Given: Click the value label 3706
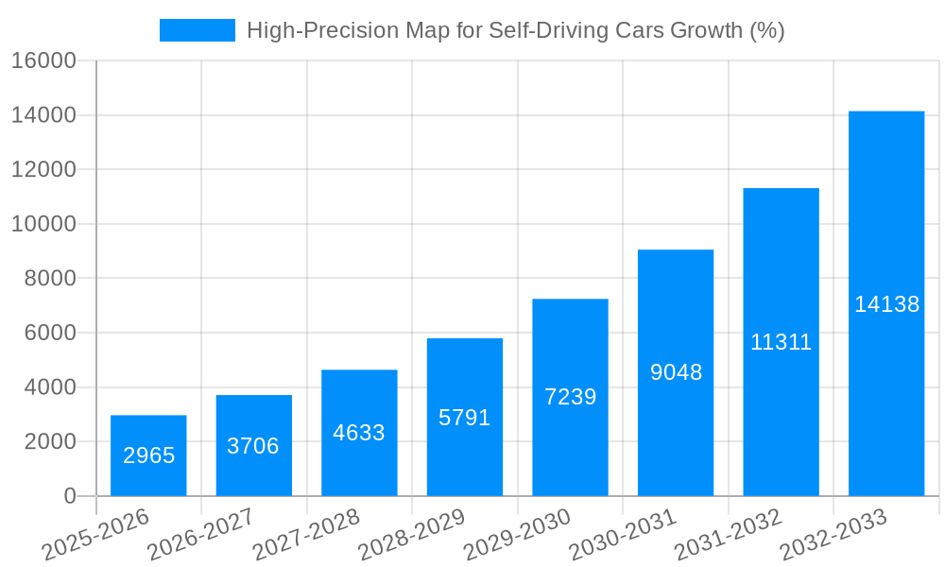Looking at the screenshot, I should point(253,446).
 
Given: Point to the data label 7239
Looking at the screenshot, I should point(571,397).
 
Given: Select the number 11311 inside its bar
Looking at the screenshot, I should point(782,342).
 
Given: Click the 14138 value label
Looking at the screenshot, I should point(886,304).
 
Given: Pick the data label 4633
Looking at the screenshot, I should point(359,433).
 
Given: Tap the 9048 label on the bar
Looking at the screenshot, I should point(676,372).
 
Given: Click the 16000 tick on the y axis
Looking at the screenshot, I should point(43,61).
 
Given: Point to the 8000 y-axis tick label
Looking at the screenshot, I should point(49,279).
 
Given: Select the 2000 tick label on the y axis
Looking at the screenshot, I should point(49,441).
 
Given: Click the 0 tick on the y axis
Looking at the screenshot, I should point(69,496).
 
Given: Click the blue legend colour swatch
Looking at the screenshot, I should point(198,30).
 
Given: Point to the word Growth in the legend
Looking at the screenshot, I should point(706,30).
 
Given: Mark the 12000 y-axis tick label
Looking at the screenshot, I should point(43,170).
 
